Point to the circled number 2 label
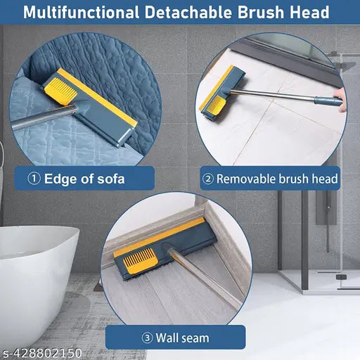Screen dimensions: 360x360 tap(207, 179)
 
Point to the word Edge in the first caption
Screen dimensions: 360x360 tap(62, 179)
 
